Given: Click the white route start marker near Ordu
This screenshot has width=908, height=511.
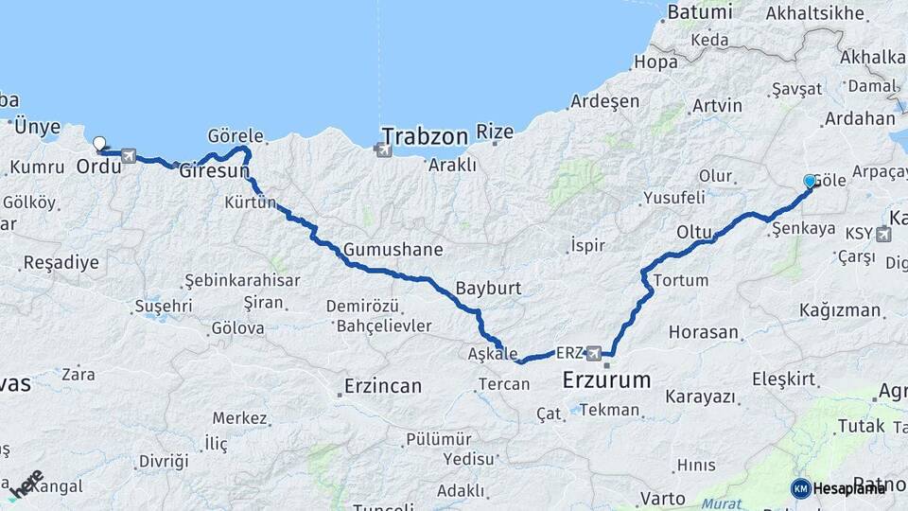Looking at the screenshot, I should coord(99,144).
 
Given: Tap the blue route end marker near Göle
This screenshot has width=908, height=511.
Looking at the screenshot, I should coord(810,181).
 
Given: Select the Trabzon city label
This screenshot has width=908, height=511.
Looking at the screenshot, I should coord(425,137).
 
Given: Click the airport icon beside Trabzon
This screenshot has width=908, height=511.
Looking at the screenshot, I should coord(382,149).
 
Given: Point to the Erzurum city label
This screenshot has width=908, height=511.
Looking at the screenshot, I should coord(606,381).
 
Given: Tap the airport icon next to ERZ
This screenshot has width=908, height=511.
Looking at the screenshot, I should coord(594,353).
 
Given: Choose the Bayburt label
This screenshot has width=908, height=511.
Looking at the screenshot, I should coord(488,288).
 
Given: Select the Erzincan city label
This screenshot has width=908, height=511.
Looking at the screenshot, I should coord(381,386).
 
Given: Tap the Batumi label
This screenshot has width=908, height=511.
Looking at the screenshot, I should coord(700,13).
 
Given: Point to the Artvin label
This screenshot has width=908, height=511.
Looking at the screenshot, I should coord(717,106).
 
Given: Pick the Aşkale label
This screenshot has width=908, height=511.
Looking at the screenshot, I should coord(493,354).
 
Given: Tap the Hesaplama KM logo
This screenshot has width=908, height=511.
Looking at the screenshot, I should coord(839,488).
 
